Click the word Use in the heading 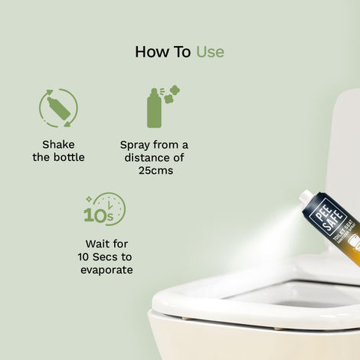click(210, 52)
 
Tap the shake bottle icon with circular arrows click(58, 108)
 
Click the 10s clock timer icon click(105, 209)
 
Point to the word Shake click(58, 144)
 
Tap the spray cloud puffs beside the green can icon click(172, 96)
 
